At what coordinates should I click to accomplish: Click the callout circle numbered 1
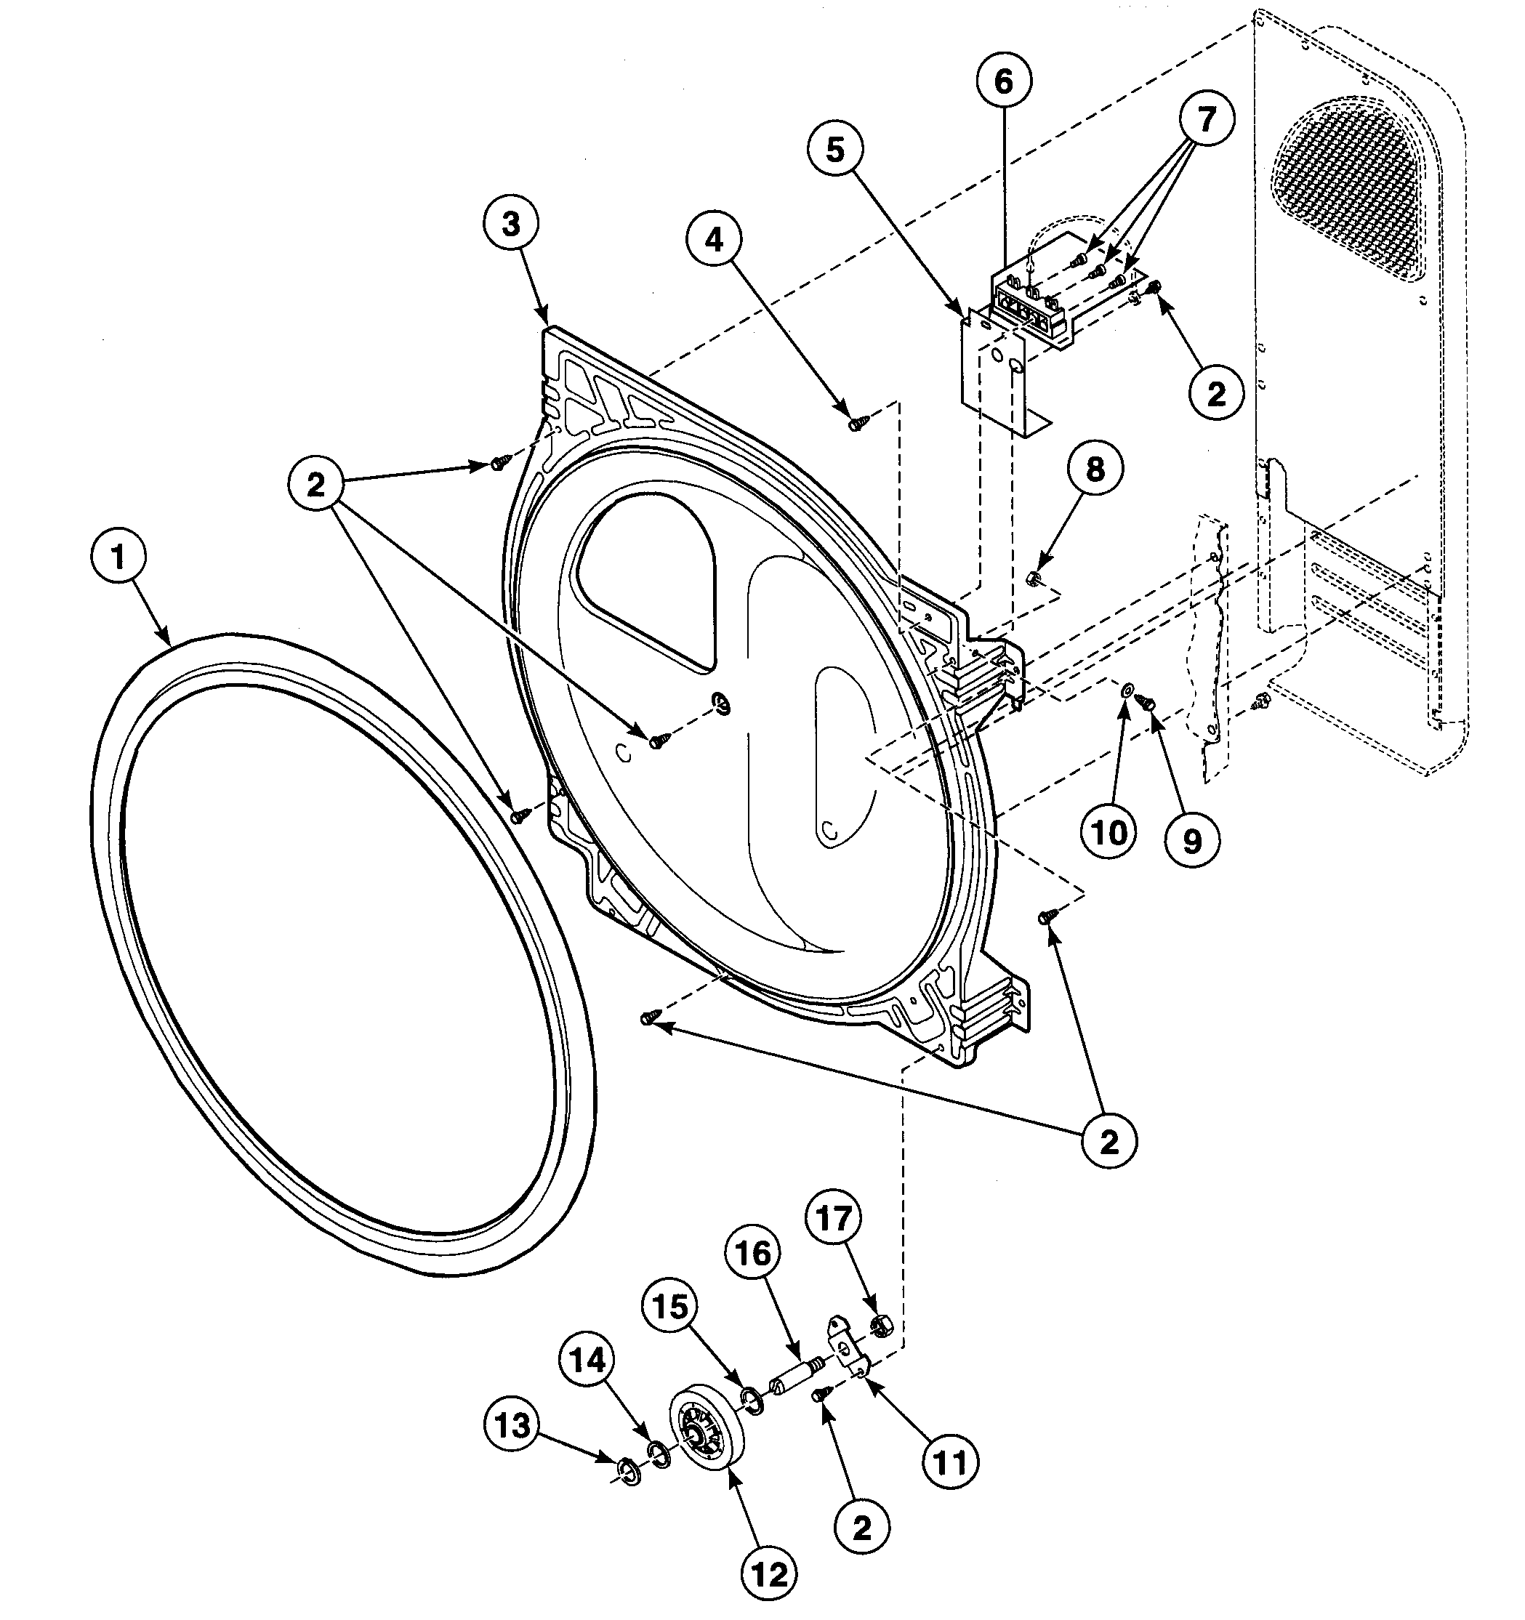tap(118, 558)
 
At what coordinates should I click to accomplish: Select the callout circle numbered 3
tap(511, 225)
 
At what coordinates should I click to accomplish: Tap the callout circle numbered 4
tap(714, 241)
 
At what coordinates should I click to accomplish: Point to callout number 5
tap(835, 150)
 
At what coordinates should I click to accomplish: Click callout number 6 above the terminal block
tap(1003, 81)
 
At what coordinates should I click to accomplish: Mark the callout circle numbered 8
tap(1095, 470)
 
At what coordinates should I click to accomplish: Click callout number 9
tap(1191, 839)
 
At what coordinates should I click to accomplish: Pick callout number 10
tap(1108, 833)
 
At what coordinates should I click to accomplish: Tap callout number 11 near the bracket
tap(950, 1462)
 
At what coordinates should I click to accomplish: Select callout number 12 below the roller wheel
tap(770, 1575)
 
